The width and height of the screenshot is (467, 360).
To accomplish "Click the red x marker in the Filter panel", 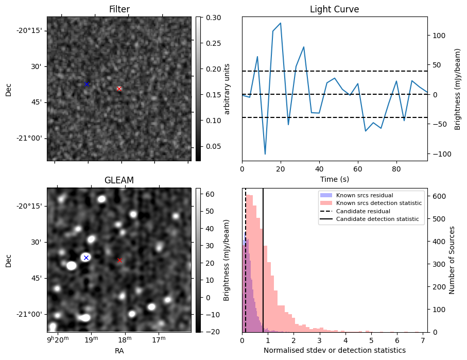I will pyautogui.click(x=119, y=89).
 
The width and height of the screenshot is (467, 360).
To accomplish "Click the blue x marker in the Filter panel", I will pyautogui.click(x=87, y=84).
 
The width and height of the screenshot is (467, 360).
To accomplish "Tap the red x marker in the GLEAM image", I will pyautogui.click(x=119, y=260).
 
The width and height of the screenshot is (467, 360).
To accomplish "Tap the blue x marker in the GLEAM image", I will pyautogui.click(x=86, y=258).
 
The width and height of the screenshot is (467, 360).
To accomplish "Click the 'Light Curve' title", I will pyautogui.click(x=334, y=9).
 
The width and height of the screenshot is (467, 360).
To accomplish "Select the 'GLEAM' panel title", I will pyautogui.click(x=119, y=180).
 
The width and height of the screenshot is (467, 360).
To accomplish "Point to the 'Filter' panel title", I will pyautogui.click(x=119, y=9).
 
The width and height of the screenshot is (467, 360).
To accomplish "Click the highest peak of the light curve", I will pyautogui.click(x=281, y=23).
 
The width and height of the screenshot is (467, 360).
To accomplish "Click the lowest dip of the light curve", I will pyautogui.click(x=265, y=154).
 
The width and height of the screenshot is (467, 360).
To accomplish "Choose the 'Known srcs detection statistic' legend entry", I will pyautogui.click(x=378, y=203).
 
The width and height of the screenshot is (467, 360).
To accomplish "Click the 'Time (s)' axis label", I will pyautogui.click(x=334, y=178).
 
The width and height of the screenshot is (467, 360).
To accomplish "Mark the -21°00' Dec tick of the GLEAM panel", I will pyautogui.click(x=30, y=314).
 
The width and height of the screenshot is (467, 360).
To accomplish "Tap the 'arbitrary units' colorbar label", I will pyautogui.click(x=227, y=89).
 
